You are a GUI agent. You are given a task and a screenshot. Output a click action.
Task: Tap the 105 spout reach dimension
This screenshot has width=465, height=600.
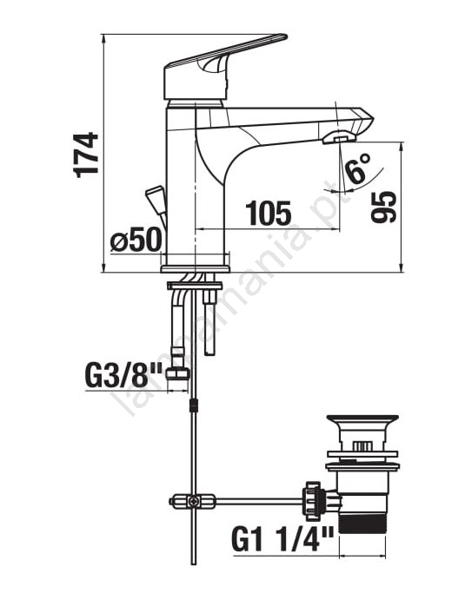click(268, 213)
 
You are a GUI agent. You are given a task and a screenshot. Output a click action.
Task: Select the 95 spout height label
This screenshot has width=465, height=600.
click(384, 207)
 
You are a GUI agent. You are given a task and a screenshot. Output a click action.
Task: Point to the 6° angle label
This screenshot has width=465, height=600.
click(358, 168)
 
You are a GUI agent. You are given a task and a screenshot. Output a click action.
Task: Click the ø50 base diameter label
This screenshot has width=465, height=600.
click(136, 240)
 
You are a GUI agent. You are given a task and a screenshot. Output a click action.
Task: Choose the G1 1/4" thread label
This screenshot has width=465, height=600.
click(282, 538)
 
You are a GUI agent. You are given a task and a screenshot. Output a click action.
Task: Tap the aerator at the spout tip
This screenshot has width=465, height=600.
click(339, 138)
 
